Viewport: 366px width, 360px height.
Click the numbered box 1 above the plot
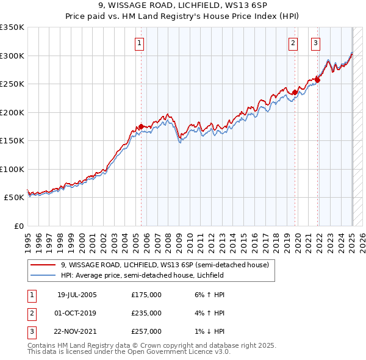tap(140, 43)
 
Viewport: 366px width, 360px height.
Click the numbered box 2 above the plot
tap(293, 43)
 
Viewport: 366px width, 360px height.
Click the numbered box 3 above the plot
tap(315, 43)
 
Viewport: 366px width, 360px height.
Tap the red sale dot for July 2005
tap(141, 126)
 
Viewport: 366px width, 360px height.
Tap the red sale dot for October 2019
tap(295, 93)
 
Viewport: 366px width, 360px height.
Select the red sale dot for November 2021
tap(318, 80)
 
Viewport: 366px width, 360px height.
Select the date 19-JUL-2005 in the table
tap(77, 295)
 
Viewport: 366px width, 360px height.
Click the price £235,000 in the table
tap(146, 313)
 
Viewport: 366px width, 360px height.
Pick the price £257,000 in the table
tap(146, 331)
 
